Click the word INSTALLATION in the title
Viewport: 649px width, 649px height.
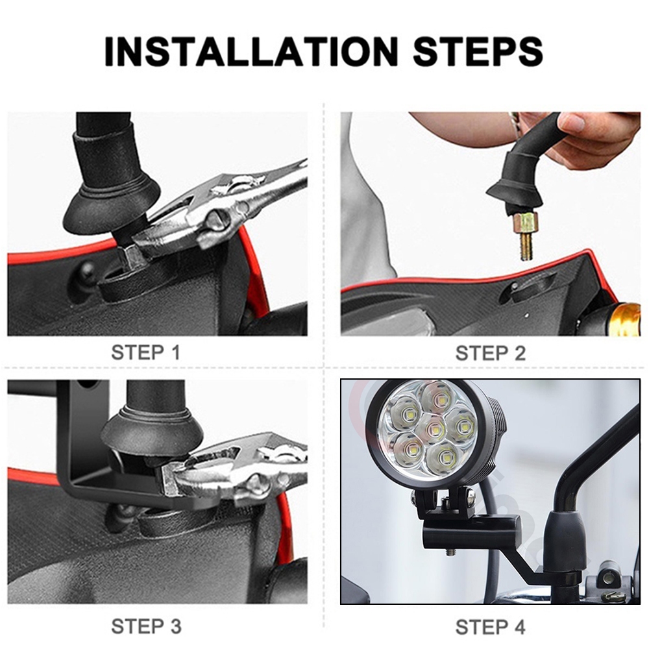tap(251, 52)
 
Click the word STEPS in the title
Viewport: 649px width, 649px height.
tap(478, 52)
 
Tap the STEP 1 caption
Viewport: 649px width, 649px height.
tap(145, 352)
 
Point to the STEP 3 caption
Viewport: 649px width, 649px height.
tap(146, 626)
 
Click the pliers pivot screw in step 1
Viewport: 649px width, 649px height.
tap(219, 220)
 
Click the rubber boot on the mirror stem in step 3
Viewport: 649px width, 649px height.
tap(153, 430)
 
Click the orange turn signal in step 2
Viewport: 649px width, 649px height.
tap(626, 319)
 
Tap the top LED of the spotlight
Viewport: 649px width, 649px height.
tap(437, 398)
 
